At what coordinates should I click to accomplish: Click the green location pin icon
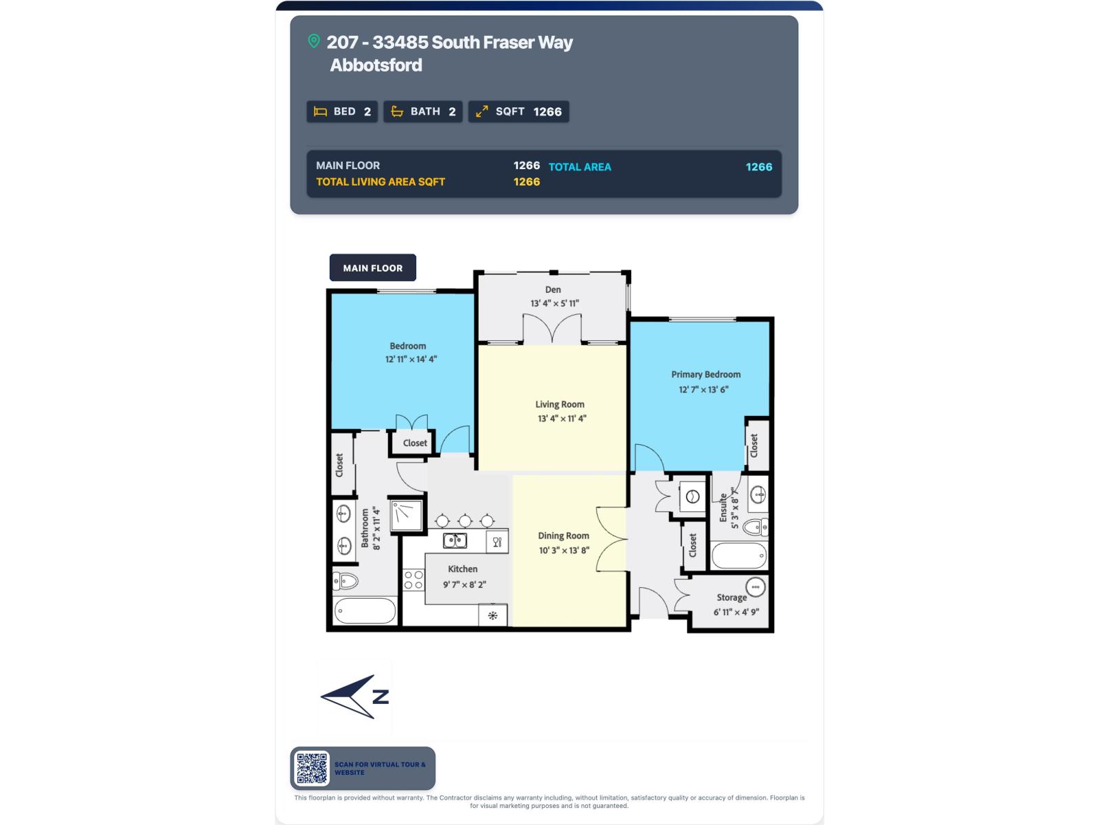tap(313, 41)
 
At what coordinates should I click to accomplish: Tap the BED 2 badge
tap(342, 111)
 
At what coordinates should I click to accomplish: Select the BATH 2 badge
tap(423, 111)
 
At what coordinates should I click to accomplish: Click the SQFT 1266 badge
tap(519, 111)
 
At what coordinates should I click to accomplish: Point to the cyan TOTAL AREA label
tap(580, 167)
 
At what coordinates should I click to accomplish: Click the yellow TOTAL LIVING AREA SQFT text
tap(381, 181)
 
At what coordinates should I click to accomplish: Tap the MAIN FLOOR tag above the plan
tap(372, 268)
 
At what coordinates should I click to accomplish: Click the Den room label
tap(553, 289)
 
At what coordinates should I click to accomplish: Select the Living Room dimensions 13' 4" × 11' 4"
tap(562, 418)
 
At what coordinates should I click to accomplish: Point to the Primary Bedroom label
tap(706, 375)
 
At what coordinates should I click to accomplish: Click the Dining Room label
tap(563, 536)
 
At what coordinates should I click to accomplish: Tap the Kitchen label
tap(463, 569)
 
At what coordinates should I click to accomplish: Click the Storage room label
tap(732, 597)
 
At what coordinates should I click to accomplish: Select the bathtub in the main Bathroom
tap(365, 610)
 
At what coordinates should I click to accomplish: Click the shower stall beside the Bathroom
tap(406, 514)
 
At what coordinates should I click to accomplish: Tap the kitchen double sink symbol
tap(455, 540)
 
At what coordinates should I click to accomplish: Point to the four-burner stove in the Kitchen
tap(413, 580)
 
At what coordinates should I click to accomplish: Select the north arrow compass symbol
tap(355, 696)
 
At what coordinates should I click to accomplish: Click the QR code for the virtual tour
tap(312, 768)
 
